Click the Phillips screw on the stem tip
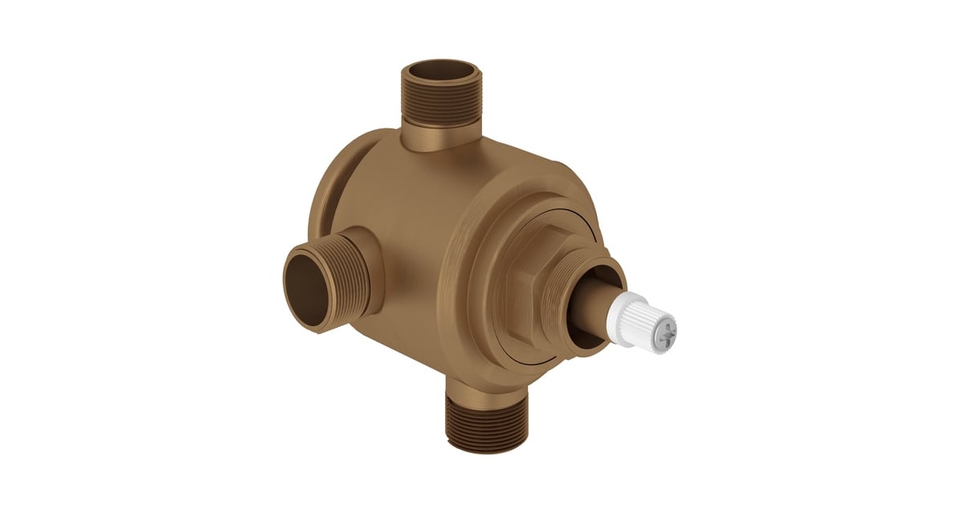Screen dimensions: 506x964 664,328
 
